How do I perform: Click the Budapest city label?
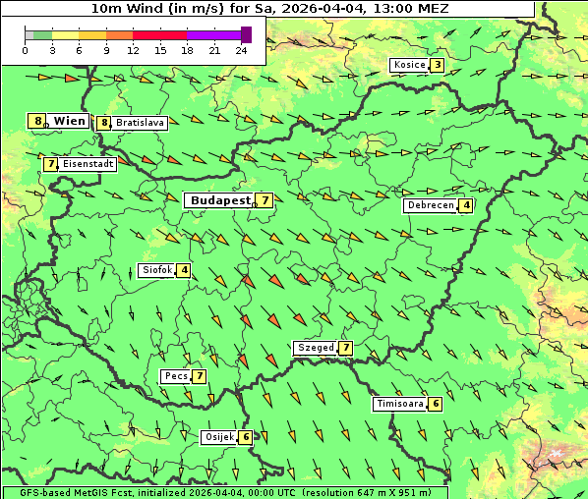(220, 199)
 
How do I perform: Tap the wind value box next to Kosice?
(437, 65)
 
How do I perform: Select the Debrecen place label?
(430, 205)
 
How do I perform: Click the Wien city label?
(69, 121)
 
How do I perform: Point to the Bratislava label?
(139, 123)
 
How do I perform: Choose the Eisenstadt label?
(88, 164)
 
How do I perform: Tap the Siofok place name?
(156, 270)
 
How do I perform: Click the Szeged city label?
(315, 348)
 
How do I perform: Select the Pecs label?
(176, 376)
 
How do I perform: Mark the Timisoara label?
(400, 404)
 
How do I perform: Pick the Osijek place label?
(217, 437)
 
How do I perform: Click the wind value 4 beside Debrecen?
(466, 205)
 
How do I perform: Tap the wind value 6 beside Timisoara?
(436, 404)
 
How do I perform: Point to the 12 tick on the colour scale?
(133, 50)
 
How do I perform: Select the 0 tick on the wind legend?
(25, 50)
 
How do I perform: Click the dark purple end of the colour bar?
(246, 34)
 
